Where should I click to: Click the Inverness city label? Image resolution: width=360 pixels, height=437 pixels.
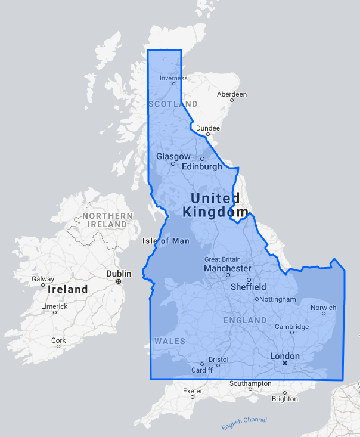tap(173, 78)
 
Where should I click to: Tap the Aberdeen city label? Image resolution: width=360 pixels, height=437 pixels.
tap(232, 94)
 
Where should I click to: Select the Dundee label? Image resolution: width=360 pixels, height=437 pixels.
tap(207, 128)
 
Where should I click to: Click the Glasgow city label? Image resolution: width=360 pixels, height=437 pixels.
tap(173, 156)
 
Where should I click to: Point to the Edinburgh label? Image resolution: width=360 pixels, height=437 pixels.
tap(201, 167)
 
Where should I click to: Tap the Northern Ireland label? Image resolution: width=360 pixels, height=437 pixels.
tap(108, 219)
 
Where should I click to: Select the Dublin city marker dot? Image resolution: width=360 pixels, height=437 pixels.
tap(119, 281)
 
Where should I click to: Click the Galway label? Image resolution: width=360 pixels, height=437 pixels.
tap(43, 278)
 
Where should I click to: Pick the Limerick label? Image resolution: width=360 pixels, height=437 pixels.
tap(54, 306)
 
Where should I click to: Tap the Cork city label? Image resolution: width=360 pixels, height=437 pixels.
tap(58, 340)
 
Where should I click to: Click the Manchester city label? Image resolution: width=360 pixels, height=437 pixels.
tap(227, 269)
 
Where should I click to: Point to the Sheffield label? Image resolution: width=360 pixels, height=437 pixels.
tap(248, 287)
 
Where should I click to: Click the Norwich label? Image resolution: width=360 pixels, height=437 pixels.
tap(324, 308)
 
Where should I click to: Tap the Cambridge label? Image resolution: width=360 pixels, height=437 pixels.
tap(291, 327)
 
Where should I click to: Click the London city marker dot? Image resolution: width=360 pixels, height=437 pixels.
tap(285, 362)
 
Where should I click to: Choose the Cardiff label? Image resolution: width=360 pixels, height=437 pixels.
tap(201, 370)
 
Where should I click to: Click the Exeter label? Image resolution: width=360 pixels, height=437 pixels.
tap(193, 392)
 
